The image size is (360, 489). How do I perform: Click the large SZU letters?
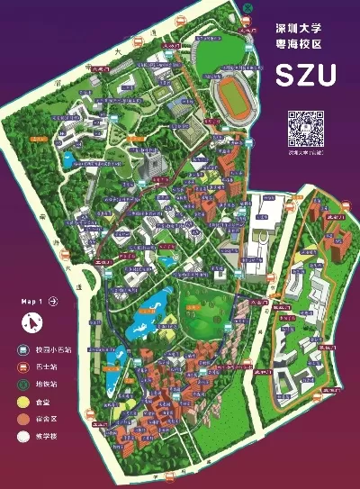[306, 73]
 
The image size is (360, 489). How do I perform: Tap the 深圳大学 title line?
[305, 30]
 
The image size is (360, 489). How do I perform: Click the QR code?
[305, 129]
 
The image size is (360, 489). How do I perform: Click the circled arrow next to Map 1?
[53, 301]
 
